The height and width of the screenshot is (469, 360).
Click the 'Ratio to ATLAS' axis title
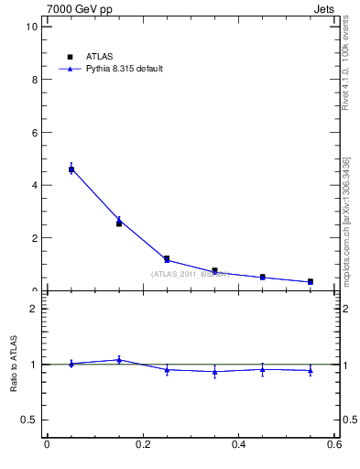coord(14,365)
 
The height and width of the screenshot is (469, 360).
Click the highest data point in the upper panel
coord(71,169)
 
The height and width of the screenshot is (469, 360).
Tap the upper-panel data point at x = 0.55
coord(311,281)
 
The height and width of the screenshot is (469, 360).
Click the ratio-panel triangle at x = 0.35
coord(214,372)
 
